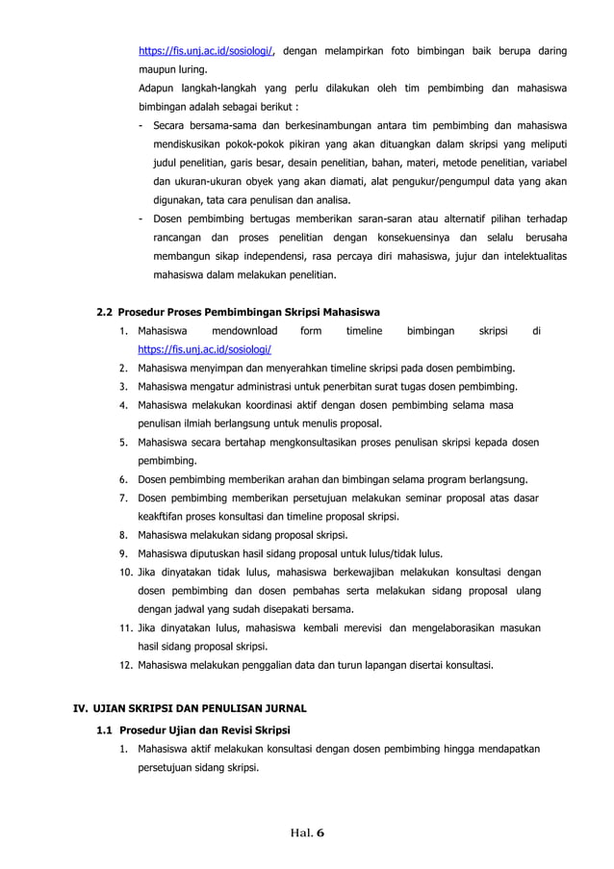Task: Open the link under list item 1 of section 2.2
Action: point(205,350)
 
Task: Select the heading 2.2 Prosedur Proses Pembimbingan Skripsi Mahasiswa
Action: point(239,312)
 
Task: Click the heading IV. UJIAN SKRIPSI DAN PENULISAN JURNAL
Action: point(191,710)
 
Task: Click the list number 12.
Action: point(125,664)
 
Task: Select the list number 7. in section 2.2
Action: point(125,498)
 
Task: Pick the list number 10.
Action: point(125,572)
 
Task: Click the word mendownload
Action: point(245,332)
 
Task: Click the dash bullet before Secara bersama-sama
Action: point(142,125)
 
